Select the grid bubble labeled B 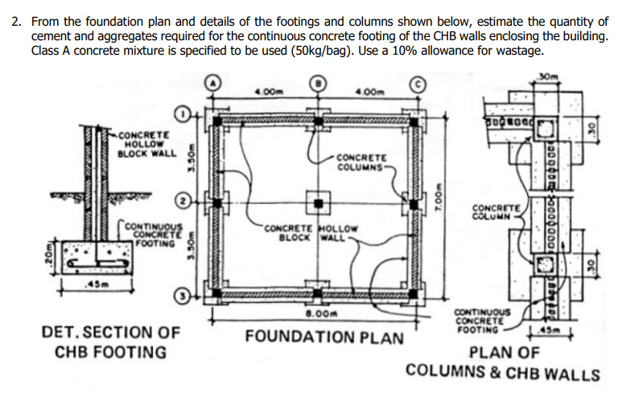[319, 84]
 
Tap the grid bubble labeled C [419, 84]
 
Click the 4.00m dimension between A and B [266, 90]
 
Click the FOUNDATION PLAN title [324, 337]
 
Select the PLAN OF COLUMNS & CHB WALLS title [504, 363]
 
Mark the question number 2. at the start [18, 22]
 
